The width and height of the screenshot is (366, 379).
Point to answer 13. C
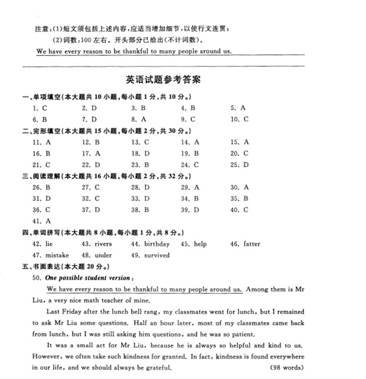click(x=140, y=142)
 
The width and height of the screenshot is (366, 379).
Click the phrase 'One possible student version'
click(x=89, y=277)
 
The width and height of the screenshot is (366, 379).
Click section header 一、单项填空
click(x=41, y=96)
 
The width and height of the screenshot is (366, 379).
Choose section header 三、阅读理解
click(x=41, y=176)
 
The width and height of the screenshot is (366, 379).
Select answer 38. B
click(x=140, y=209)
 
